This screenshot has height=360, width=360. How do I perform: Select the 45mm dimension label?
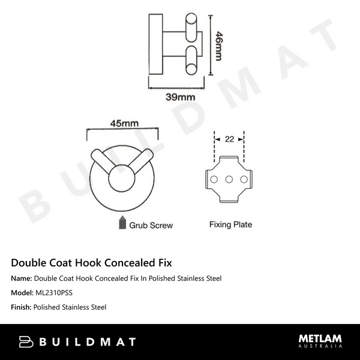124,123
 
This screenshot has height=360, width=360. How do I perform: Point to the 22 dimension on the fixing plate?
229,139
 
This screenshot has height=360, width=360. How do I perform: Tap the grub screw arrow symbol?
122,223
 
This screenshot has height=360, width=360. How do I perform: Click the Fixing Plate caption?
230,225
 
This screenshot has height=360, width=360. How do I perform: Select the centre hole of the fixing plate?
229,179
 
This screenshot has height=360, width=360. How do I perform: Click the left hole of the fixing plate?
213,179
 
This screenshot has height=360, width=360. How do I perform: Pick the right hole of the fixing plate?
244,179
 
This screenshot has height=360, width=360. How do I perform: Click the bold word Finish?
21,307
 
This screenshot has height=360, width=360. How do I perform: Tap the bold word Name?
22,278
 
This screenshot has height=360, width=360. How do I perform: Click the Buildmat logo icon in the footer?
26,342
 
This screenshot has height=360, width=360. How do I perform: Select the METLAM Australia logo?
321,341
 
